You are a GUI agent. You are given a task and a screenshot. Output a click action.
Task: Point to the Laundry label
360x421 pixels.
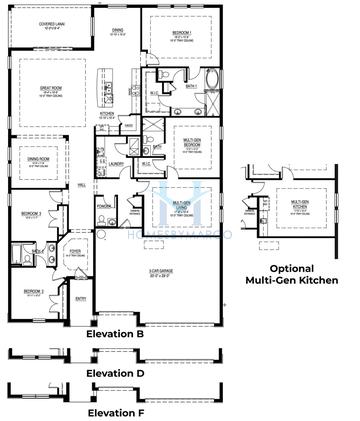[x=117, y=162]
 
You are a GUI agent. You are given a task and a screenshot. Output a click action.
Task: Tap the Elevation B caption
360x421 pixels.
[x=115, y=333]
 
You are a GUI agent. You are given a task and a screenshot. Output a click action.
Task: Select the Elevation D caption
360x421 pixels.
[x=115, y=373]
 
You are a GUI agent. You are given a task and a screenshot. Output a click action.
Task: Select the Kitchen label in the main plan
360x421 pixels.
[x=107, y=114]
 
